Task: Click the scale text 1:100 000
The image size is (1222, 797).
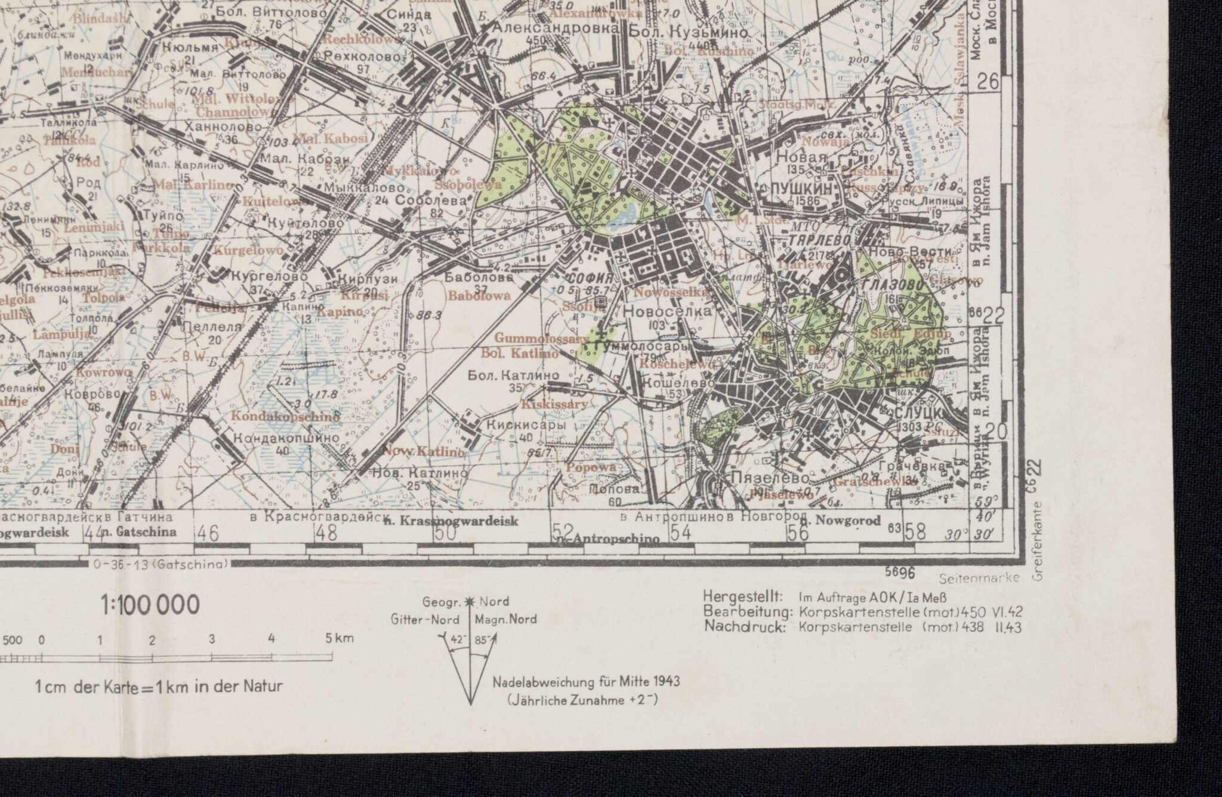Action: pyautogui.click(x=150, y=605)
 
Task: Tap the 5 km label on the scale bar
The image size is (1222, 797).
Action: pyautogui.click(x=340, y=638)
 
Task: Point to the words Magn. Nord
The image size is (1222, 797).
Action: pyautogui.click(x=506, y=619)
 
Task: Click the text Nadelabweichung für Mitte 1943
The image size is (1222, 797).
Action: pyautogui.click(x=586, y=682)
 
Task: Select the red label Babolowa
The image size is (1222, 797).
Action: pyautogui.click(x=479, y=296)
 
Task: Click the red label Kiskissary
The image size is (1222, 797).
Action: pyautogui.click(x=555, y=404)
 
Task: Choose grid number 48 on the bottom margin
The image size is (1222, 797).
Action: pyautogui.click(x=327, y=532)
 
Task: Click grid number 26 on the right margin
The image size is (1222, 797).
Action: pyautogui.click(x=989, y=81)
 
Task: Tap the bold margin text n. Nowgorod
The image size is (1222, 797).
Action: pyautogui.click(x=846, y=521)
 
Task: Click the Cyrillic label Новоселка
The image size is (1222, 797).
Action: pyautogui.click(x=667, y=311)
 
